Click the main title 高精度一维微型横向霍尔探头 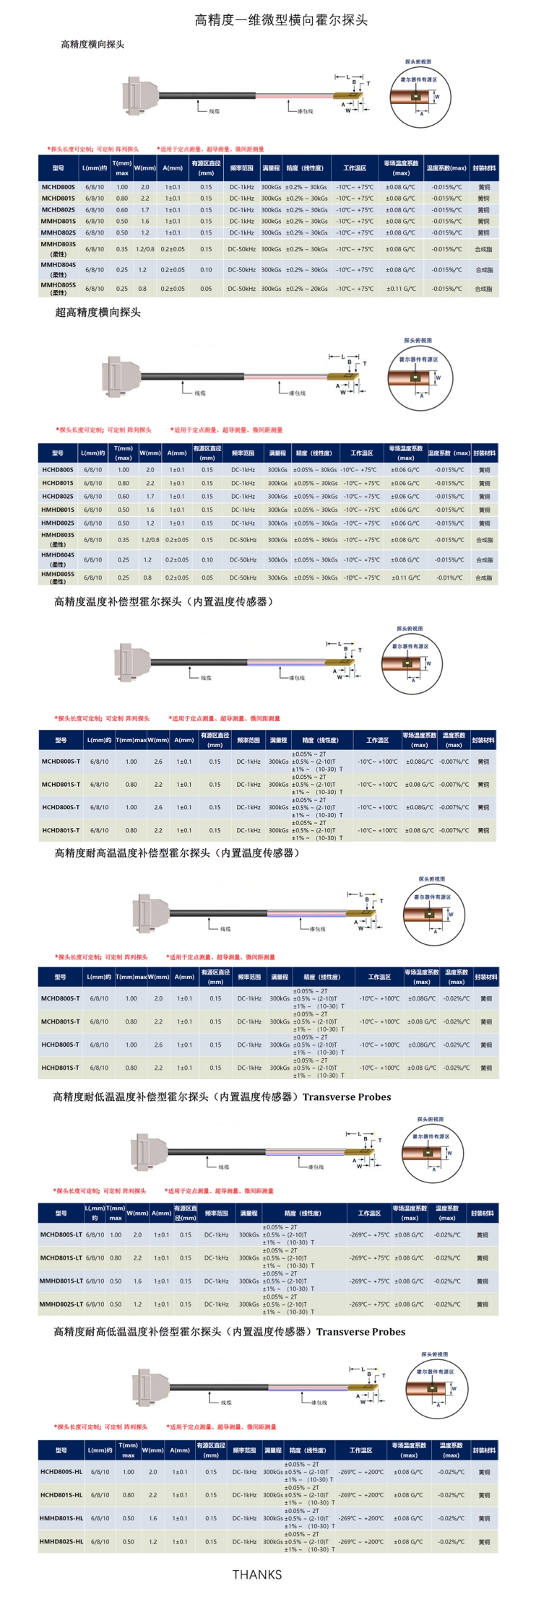click(x=281, y=20)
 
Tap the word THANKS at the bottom click(x=256, y=1574)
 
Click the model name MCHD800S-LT click(x=61, y=1235)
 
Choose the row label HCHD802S click(x=58, y=497)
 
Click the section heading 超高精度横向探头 click(x=98, y=313)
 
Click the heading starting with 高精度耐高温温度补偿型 click(x=177, y=853)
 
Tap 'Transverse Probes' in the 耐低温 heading click(x=347, y=1097)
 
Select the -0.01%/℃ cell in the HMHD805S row click(x=449, y=578)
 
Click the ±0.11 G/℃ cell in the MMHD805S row click(x=401, y=289)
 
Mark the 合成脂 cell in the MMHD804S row click(x=483, y=270)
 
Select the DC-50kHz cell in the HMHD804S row click(x=243, y=560)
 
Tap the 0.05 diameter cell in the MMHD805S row click(x=207, y=289)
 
